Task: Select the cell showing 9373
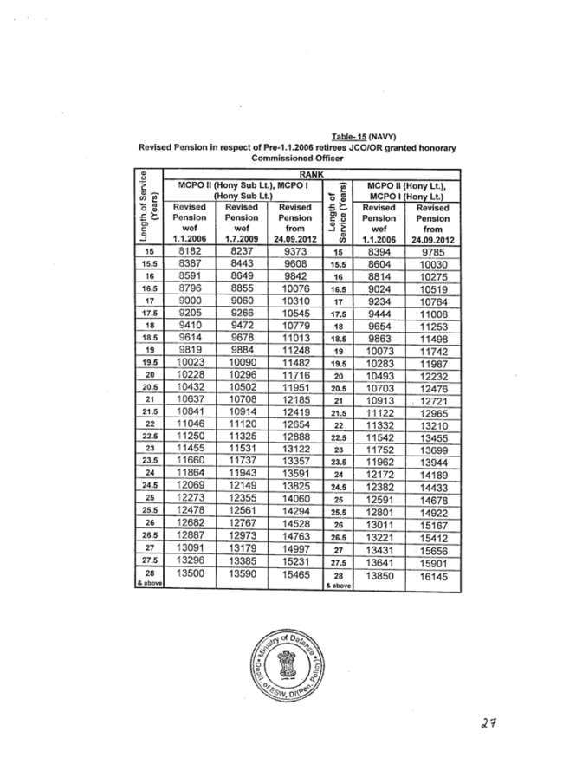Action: tap(296, 250)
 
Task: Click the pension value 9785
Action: tap(433, 250)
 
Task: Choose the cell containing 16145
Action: tap(433, 573)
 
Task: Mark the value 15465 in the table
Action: tap(296, 573)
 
